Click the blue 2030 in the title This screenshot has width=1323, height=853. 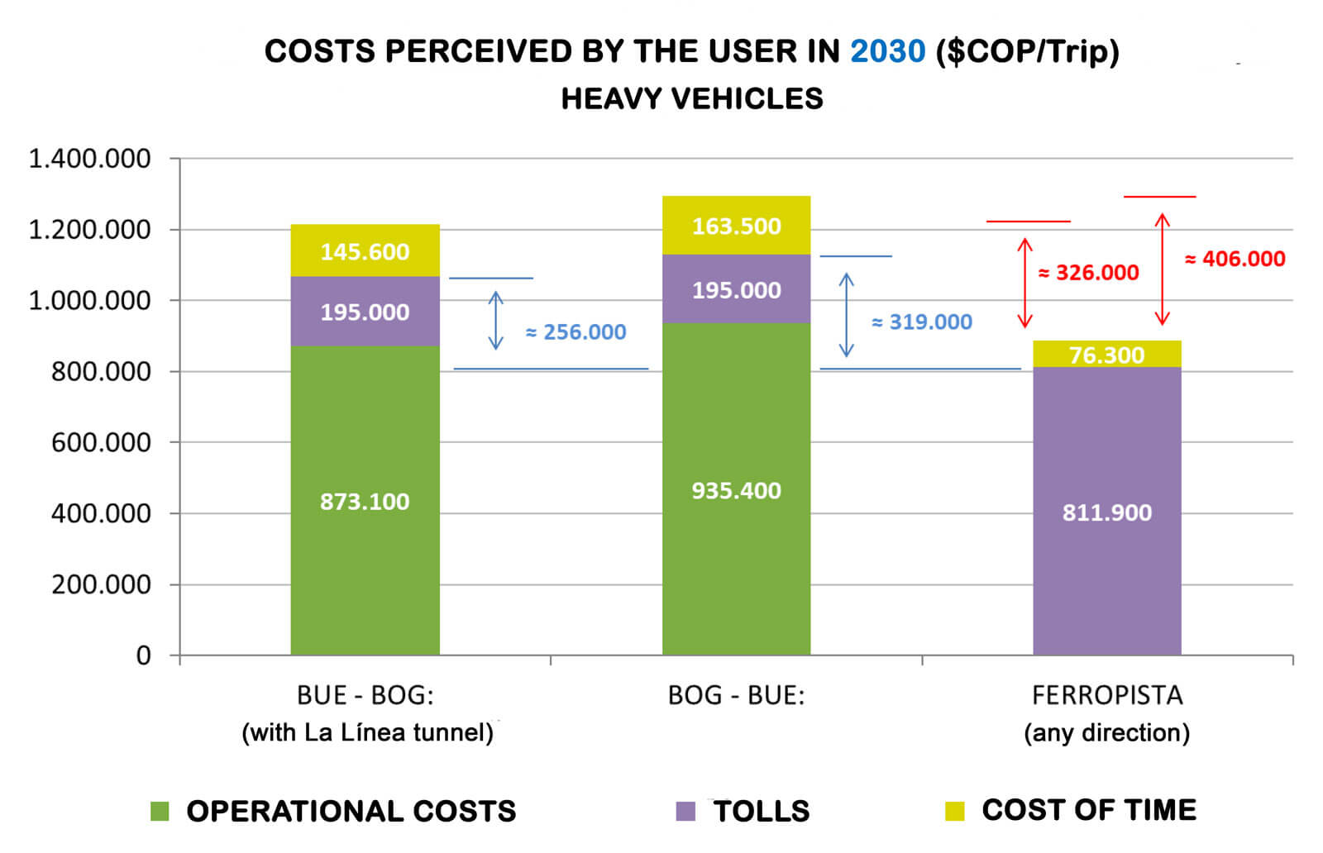click(x=887, y=51)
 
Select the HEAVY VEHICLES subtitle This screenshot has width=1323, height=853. click(x=692, y=99)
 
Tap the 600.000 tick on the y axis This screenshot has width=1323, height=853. click(x=101, y=442)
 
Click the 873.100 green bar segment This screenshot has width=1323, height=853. click(x=365, y=501)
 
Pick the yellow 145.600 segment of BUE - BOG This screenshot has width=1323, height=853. click(x=365, y=250)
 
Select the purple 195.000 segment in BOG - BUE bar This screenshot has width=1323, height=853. click(x=736, y=289)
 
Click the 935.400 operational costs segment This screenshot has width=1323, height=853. click(x=736, y=490)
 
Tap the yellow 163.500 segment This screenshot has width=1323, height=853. click(x=736, y=226)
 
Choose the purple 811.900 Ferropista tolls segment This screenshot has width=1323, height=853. click(x=1106, y=512)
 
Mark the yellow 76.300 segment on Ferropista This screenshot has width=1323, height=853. click(x=1106, y=354)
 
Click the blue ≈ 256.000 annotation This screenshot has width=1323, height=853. click(x=576, y=332)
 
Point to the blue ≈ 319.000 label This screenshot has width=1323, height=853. click(x=922, y=322)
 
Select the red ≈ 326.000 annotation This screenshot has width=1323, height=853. click(x=1089, y=273)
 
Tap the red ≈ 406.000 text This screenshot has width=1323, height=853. click(x=1235, y=259)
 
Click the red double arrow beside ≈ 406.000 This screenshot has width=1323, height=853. click(x=1163, y=269)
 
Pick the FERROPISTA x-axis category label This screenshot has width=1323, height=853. click(x=1106, y=696)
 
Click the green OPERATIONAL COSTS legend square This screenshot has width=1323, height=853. click(x=160, y=811)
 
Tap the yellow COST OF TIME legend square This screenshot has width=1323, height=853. click(x=954, y=811)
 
